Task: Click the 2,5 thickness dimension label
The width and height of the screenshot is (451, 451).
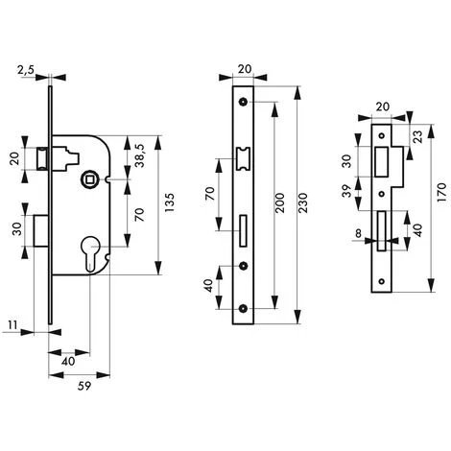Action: (26, 70)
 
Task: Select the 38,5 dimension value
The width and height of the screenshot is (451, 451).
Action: (139, 155)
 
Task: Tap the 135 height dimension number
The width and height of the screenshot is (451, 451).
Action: (169, 202)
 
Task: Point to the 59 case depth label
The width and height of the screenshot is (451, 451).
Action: (84, 386)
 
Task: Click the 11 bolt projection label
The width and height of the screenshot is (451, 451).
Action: (12, 325)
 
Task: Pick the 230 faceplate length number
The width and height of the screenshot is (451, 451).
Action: (303, 202)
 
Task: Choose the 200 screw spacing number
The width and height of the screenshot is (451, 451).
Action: (279, 202)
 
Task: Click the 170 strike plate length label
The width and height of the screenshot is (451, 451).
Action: (441, 192)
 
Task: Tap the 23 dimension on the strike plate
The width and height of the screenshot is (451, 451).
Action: (417, 136)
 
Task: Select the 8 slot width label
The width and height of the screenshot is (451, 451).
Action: (358, 233)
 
